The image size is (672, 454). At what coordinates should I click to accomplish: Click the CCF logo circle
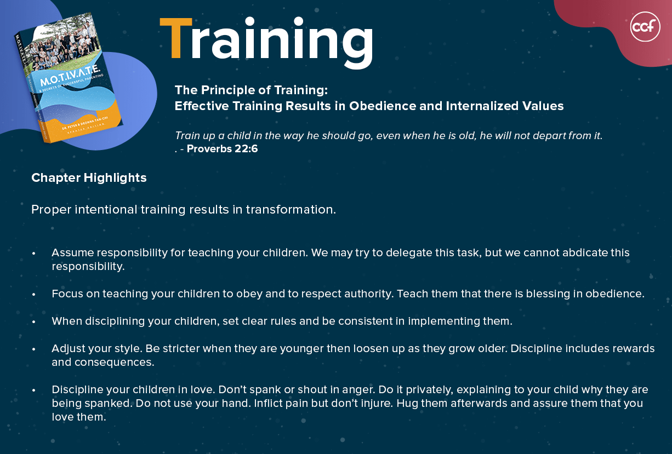click(645, 26)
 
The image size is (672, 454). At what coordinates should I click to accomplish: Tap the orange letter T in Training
click(176, 38)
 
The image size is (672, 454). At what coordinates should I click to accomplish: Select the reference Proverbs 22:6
click(222, 148)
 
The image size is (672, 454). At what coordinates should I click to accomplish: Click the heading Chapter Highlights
click(89, 177)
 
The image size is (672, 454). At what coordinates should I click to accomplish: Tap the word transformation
click(291, 209)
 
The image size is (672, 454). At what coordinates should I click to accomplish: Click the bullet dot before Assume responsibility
click(33, 254)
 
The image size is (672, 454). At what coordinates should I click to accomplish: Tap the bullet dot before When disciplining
click(33, 322)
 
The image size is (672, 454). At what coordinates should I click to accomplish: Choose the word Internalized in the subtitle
click(482, 106)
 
